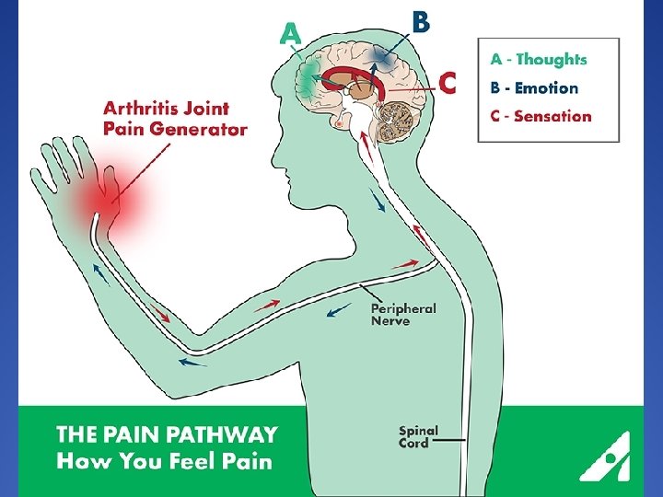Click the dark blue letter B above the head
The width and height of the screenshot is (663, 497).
click(x=420, y=21)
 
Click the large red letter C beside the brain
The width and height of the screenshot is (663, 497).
click(x=447, y=83)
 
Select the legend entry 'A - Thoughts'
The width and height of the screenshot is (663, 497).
click(x=538, y=59)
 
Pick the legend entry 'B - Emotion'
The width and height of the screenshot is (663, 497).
click(x=534, y=88)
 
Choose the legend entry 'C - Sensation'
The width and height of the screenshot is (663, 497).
click(x=541, y=117)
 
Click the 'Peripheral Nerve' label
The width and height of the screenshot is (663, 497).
click(x=403, y=314)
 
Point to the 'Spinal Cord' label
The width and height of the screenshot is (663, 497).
click(x=419, y=436)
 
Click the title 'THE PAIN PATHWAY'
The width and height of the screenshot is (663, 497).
click(x=167, y=434)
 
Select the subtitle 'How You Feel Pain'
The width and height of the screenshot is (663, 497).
click(x=164, y=460)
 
